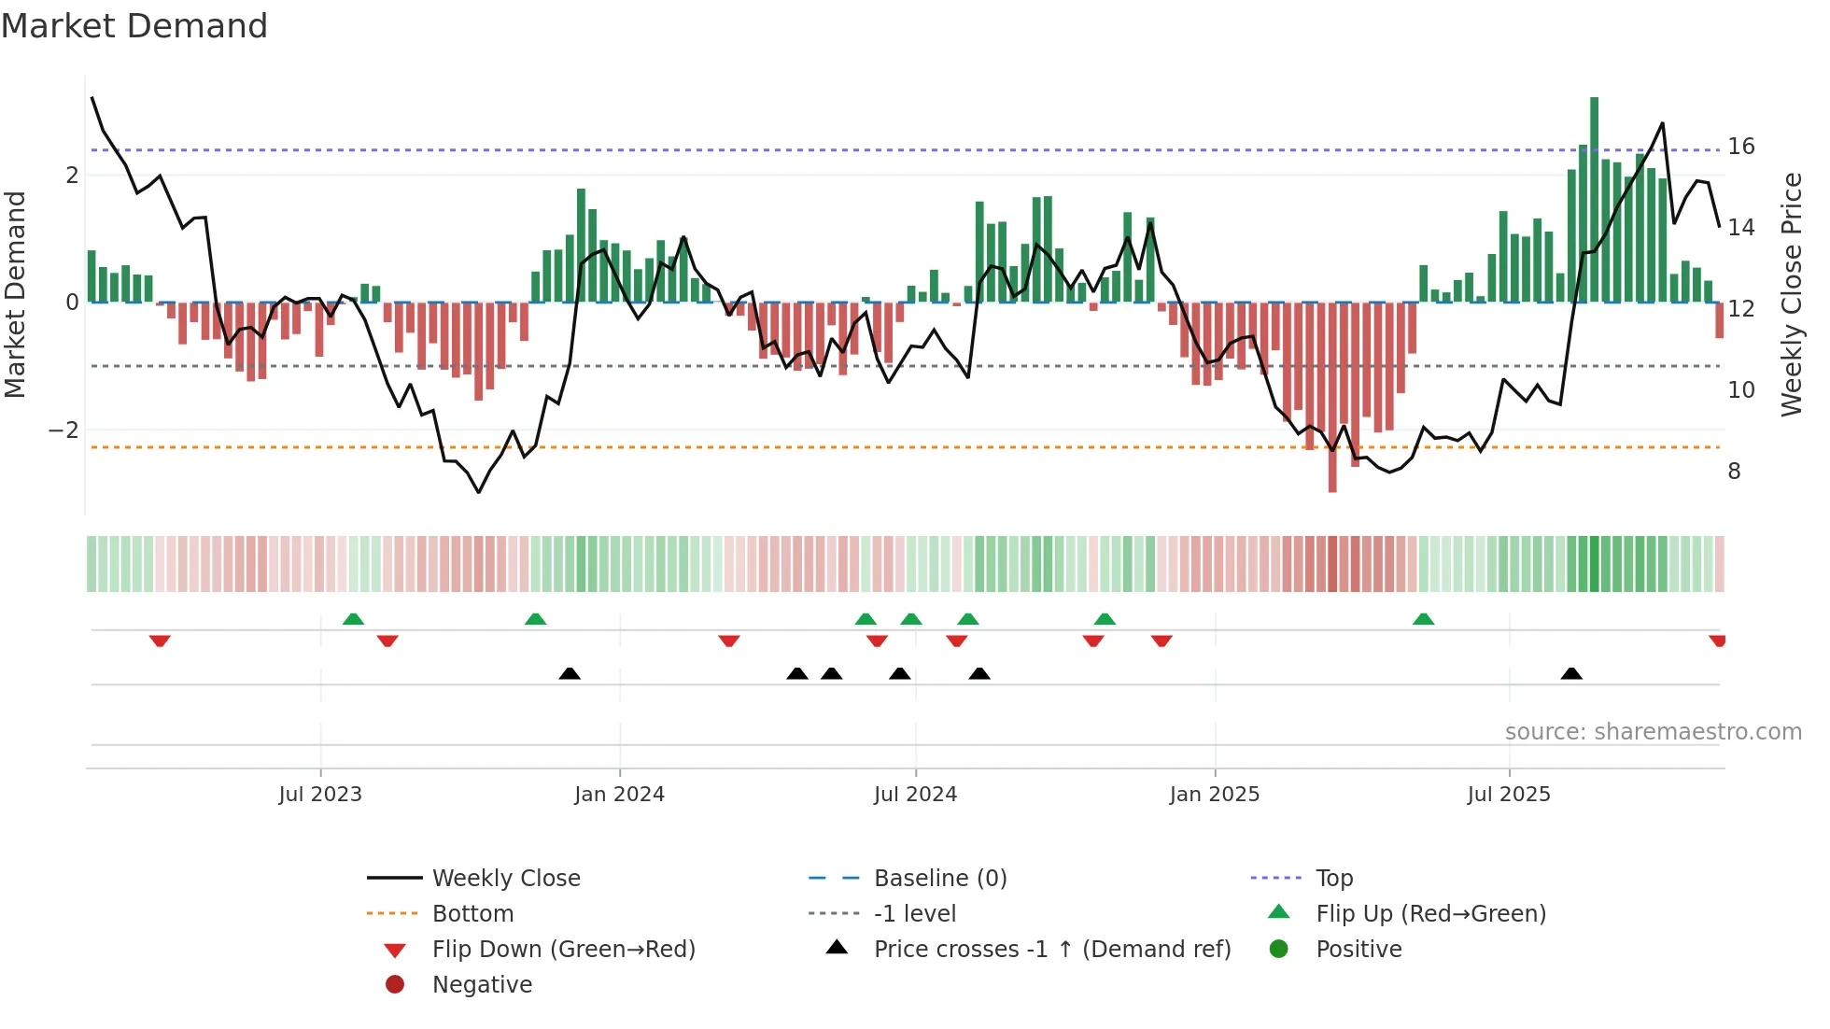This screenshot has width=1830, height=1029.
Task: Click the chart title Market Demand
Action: pos(134,26)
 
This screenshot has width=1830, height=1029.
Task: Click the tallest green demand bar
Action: pos(1594,196)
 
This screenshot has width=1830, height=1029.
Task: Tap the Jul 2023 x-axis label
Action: pos(320,795)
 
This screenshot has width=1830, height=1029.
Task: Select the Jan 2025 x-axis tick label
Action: pos(1214,795)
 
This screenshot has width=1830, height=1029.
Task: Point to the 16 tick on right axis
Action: pos(1740,147)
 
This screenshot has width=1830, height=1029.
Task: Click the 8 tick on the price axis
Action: pos(1734,472)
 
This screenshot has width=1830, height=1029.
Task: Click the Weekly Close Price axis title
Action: pos(1791,294)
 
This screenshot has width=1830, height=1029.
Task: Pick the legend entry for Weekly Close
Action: pos(505,879)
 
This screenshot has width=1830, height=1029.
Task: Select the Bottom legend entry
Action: pos(472,914)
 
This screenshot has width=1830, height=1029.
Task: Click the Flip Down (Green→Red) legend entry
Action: pos(563,950)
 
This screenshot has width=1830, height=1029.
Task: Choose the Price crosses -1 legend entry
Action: pos(1051,950)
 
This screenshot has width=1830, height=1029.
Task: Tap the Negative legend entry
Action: pos(482,985)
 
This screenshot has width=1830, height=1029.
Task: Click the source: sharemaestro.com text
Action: pos(1653,732)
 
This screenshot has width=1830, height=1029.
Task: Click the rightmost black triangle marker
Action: pos(1571,673)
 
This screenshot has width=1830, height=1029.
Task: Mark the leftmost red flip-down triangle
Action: pos(160,641)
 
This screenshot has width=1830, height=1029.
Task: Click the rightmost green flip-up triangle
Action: pos(1423,619)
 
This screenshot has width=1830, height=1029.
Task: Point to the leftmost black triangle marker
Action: pos(570,673)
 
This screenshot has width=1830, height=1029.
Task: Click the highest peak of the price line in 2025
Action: pos(1662,123)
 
